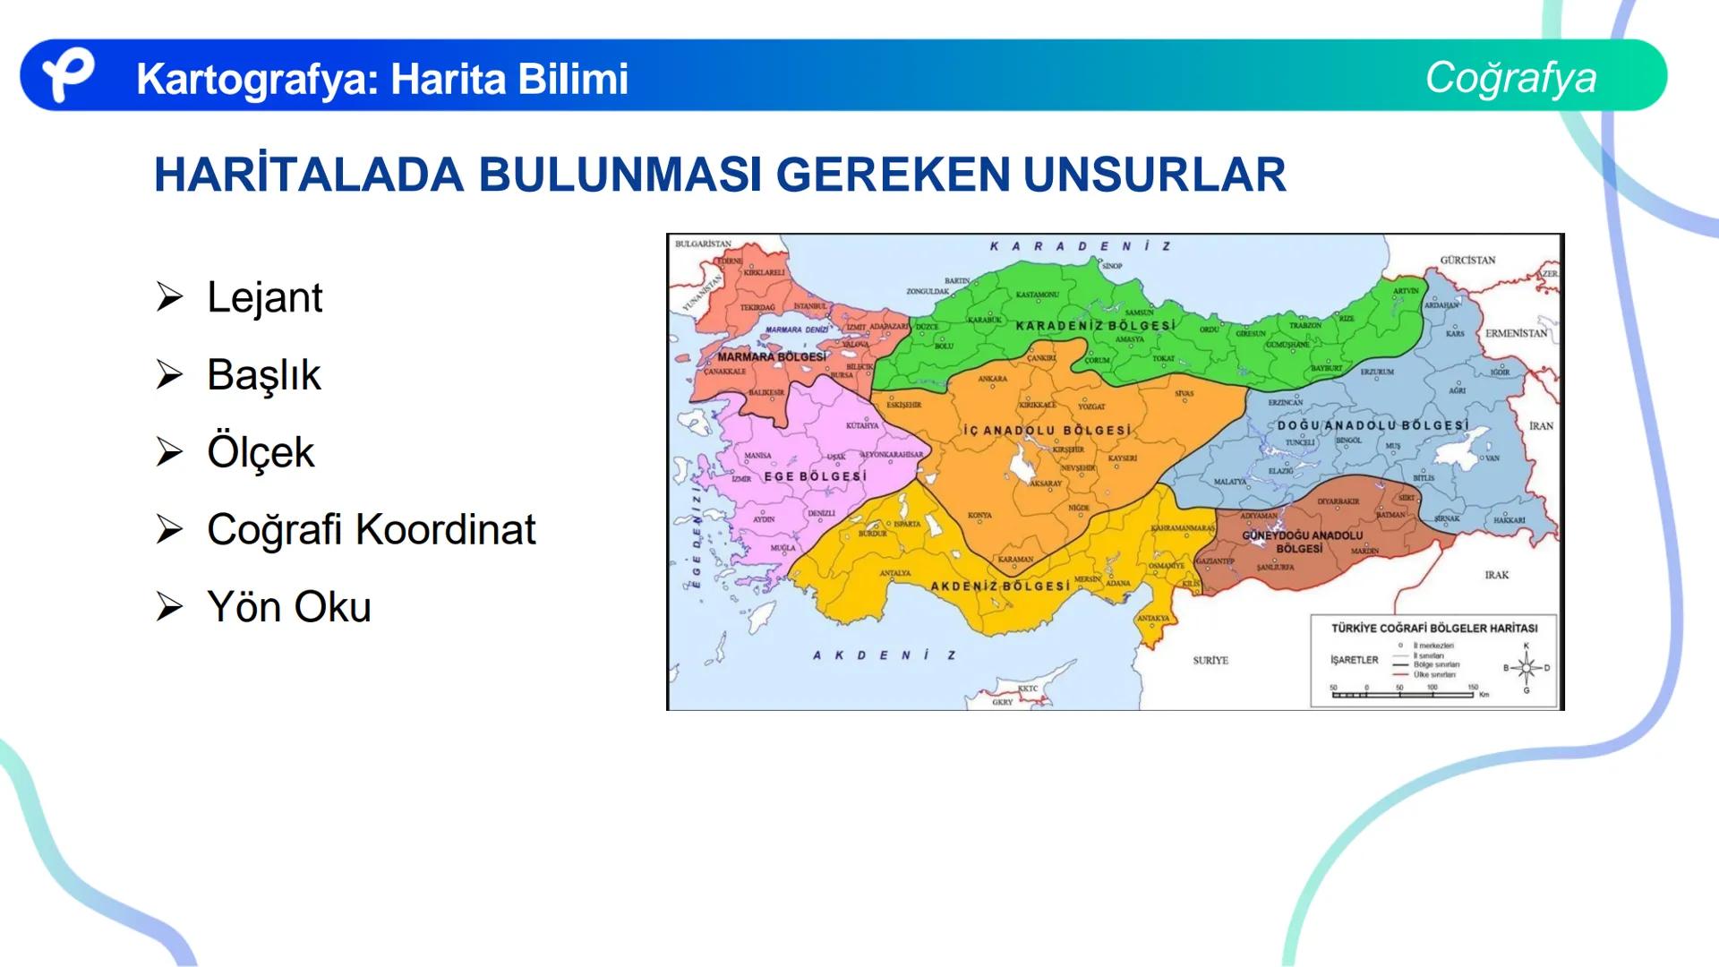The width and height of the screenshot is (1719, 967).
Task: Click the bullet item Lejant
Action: coord(264,297)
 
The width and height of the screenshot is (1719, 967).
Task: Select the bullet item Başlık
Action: coord(263,374)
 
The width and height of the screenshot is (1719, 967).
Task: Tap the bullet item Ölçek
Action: coord(261,452)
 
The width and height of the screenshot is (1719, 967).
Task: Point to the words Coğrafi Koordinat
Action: coord(371,529)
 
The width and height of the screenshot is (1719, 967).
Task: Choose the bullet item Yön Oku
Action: coord(288,607)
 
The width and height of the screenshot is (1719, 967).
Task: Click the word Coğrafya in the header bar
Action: coord(1510,77)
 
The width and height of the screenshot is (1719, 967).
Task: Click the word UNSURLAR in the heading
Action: coord(1154,175)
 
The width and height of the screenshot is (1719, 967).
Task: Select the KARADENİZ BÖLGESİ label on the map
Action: coord(1094,326)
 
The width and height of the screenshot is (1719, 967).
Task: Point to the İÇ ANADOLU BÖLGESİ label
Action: coord(1047,431)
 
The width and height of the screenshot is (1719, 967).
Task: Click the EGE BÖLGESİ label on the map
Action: coord(815,476)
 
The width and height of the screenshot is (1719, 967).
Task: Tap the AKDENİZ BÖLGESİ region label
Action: coord(1000,586)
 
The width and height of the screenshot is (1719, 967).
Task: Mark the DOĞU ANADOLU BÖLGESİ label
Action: coord(1373,425)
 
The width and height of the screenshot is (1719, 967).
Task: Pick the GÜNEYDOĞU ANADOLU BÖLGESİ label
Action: coord(1302,542)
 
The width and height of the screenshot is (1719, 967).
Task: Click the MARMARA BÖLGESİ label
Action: coord(772,356)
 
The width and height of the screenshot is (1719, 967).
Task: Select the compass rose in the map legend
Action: coord(1527,668)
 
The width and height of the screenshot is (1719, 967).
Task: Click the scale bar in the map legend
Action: coord(1403,693)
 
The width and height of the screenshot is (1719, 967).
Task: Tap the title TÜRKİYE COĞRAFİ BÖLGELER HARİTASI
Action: coord(1433,629)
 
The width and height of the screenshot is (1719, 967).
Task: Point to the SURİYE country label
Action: coord(1210,660)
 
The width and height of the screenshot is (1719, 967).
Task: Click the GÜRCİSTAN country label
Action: coord(1467,261)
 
